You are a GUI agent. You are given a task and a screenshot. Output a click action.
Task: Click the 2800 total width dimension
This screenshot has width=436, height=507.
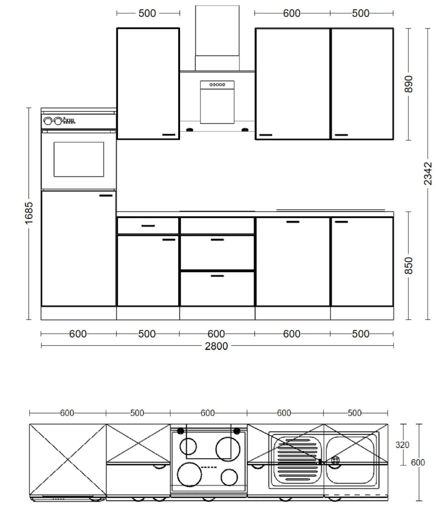pyautogui.click(x=216, y=346)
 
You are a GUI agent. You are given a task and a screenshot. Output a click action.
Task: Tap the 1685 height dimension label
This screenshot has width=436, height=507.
pyautogui.click(x=29, y=213)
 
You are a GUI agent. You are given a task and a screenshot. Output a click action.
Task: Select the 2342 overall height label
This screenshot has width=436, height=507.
pyautogui.click(x=428, y=173)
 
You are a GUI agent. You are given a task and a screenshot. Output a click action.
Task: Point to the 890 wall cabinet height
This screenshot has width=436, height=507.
pyautogui.click(x=409, y=84)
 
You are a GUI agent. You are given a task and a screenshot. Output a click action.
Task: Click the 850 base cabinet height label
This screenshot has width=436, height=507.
pyautogui.click(x=409, y=266)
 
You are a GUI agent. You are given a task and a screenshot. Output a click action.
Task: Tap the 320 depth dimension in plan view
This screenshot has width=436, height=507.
pyautogui.click(x=402, y=445)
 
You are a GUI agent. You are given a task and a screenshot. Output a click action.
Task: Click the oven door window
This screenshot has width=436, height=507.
pyautogui.click(x=79, y=159)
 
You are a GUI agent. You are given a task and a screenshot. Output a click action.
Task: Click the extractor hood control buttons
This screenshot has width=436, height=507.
pyautogui.click(x=217, y=85)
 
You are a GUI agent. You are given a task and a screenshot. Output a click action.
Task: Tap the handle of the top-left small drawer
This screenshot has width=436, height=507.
pyautogui.click(x=148, y=226)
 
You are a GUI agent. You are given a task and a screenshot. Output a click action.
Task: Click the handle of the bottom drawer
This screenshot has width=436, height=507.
pyautogui.click(x=217, y=276)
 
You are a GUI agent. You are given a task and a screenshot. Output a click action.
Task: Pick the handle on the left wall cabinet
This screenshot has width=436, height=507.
pyautogui.click(x=169, y=135)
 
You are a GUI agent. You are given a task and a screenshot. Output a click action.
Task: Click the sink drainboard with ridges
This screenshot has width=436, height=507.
pyautogui.click(x=298, y=460)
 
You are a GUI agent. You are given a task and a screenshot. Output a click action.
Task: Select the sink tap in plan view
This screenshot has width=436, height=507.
pyautogui.click(x=335, y=460)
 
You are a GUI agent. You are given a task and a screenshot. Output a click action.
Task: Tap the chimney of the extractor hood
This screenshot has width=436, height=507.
pyautogui.click(x=217, y=38)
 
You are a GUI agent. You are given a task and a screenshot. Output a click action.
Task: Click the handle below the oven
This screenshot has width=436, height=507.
pyautogui.click(x=106, y=195)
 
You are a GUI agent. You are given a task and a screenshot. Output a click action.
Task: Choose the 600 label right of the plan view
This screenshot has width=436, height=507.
pyautogui.click(x=418, y=463)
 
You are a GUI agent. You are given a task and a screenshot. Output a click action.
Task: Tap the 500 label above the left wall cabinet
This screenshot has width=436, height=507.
pyautogui.click(x=147, y=13)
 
